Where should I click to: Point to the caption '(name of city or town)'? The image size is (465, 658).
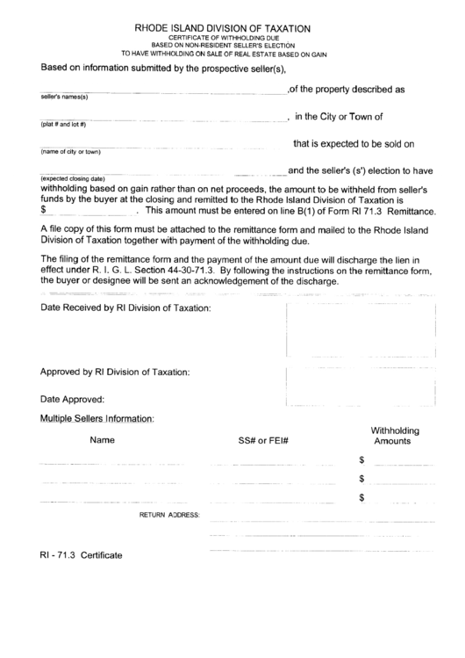71,151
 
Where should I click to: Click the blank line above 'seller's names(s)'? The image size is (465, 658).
162,90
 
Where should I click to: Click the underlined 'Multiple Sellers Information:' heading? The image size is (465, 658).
97,419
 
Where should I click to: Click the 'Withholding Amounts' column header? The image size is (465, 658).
395,436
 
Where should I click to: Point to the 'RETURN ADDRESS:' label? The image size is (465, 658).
170,514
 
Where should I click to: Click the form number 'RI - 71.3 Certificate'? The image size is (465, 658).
80,556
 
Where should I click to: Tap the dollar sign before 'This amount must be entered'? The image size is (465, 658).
44,211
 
